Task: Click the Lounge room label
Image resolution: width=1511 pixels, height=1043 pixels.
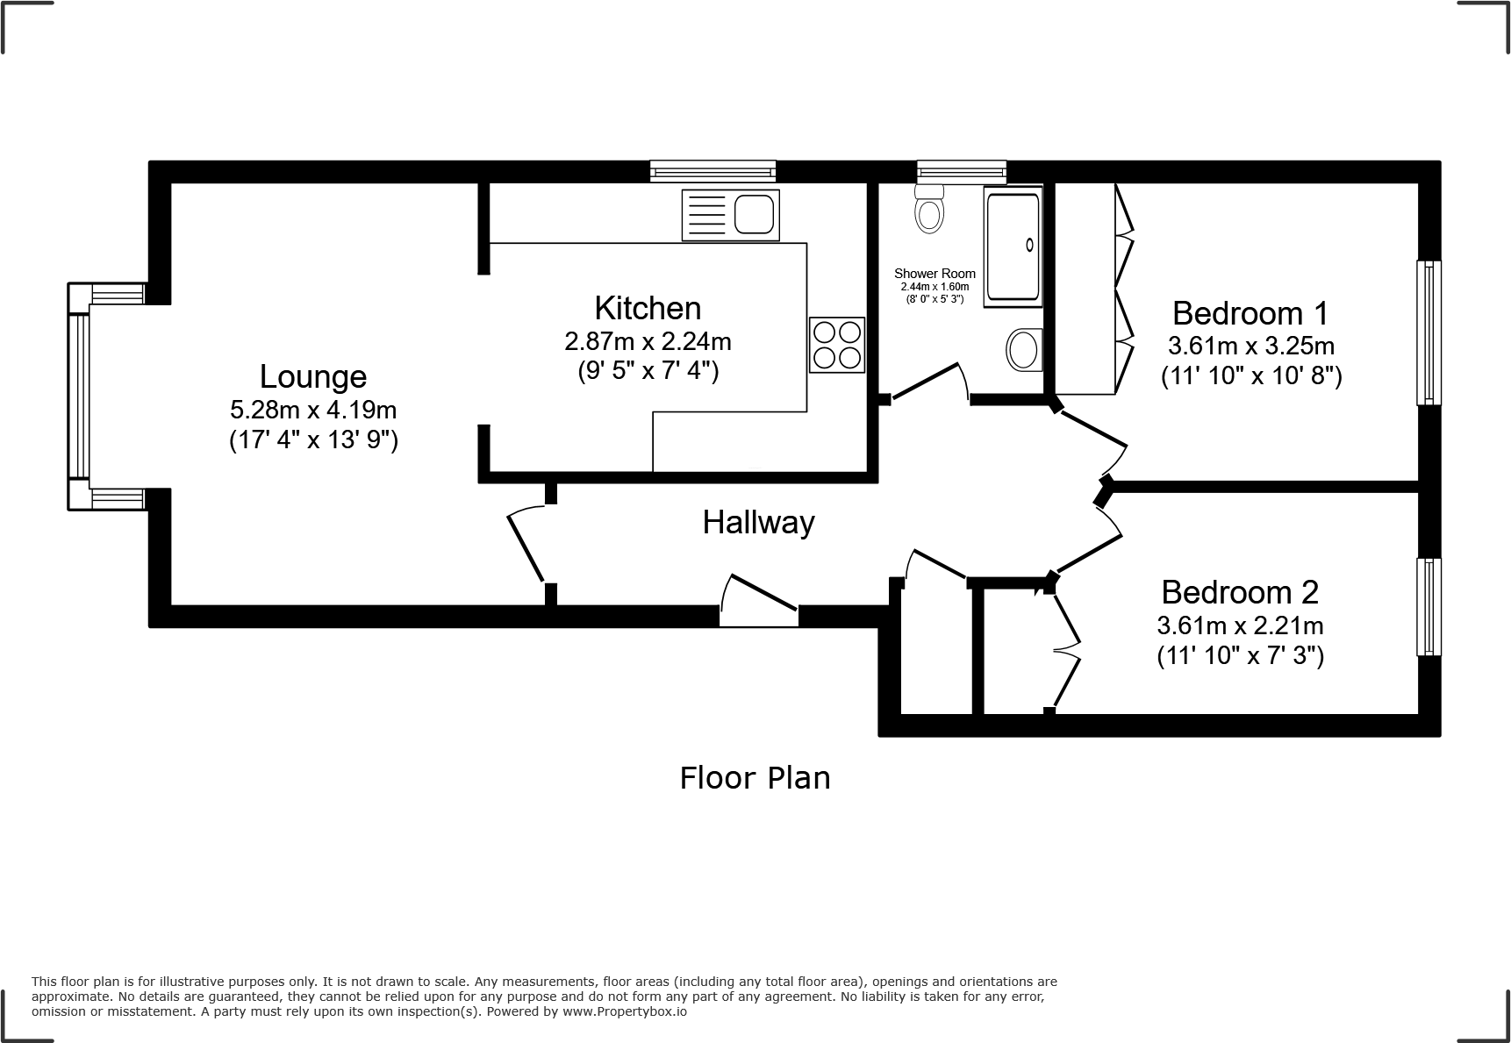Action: click(313, 376)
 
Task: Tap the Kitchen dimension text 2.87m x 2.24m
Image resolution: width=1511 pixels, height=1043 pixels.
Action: click(648, 340)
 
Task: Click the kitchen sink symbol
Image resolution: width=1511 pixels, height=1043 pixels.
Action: click(731, 215)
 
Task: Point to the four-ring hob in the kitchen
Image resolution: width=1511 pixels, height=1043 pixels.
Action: click(837, 345)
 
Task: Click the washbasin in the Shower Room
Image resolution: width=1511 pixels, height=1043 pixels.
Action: click(1024, 349)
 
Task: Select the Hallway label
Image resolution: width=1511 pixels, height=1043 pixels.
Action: click(758, 523)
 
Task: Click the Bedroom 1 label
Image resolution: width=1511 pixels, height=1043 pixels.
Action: click(1250, 312)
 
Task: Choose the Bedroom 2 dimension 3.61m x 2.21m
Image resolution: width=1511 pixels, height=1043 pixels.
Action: click(1240, 625)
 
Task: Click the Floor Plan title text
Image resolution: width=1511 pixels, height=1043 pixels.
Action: click(755, 778)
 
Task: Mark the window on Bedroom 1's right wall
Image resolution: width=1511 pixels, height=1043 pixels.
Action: click(1429, 332)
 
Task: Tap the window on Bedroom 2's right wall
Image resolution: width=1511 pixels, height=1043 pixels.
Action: click(1429, 607)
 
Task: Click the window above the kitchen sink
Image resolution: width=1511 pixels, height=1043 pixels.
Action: click(713, 171)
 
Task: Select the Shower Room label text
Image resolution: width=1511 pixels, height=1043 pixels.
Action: click(935, 274)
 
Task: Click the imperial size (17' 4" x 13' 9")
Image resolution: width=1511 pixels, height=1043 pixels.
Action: click(313, 439)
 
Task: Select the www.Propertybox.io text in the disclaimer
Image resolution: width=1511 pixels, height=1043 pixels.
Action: click(625, 1011)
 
